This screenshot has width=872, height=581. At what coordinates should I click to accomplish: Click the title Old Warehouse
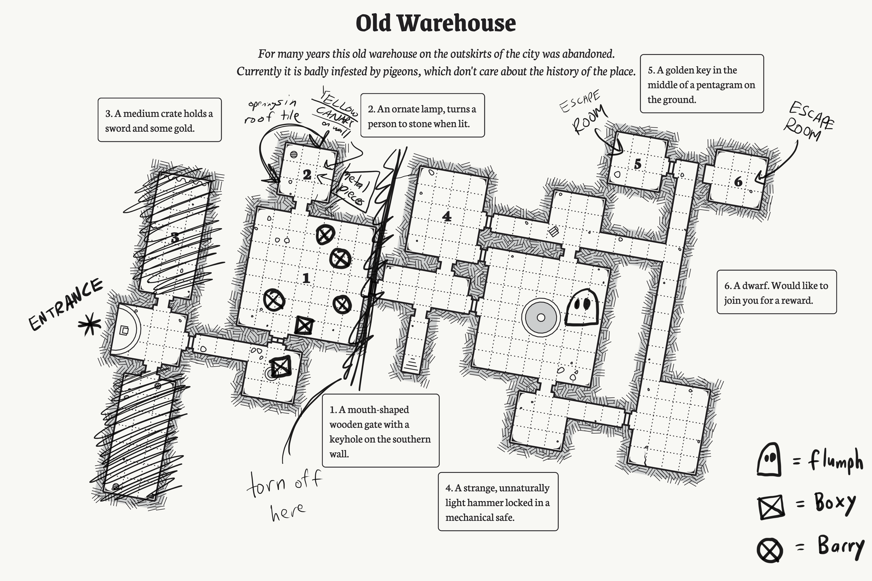coord(436,23)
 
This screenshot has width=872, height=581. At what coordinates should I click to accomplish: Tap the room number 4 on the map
coord(447,216)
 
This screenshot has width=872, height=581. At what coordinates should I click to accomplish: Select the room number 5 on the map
coord(637,164)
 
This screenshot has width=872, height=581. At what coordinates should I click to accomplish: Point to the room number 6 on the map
coord(738,182)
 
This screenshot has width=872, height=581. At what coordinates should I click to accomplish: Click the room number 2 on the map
coord(307,175)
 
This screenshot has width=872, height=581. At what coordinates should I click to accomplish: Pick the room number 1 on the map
coord(306,278)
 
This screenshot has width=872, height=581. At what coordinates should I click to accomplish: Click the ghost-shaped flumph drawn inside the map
coord(582,307)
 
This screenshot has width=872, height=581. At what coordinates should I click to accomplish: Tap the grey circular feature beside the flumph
coord(541,317)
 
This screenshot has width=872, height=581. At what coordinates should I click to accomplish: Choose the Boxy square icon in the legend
coord(771,506)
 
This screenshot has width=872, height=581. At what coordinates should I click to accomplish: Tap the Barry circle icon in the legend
coord(770,550)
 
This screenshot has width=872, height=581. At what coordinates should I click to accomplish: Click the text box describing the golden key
coord(701,84)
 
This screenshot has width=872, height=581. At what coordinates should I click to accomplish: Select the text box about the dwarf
coord(776,292)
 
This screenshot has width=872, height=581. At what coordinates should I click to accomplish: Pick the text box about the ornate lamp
coord(422,116)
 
